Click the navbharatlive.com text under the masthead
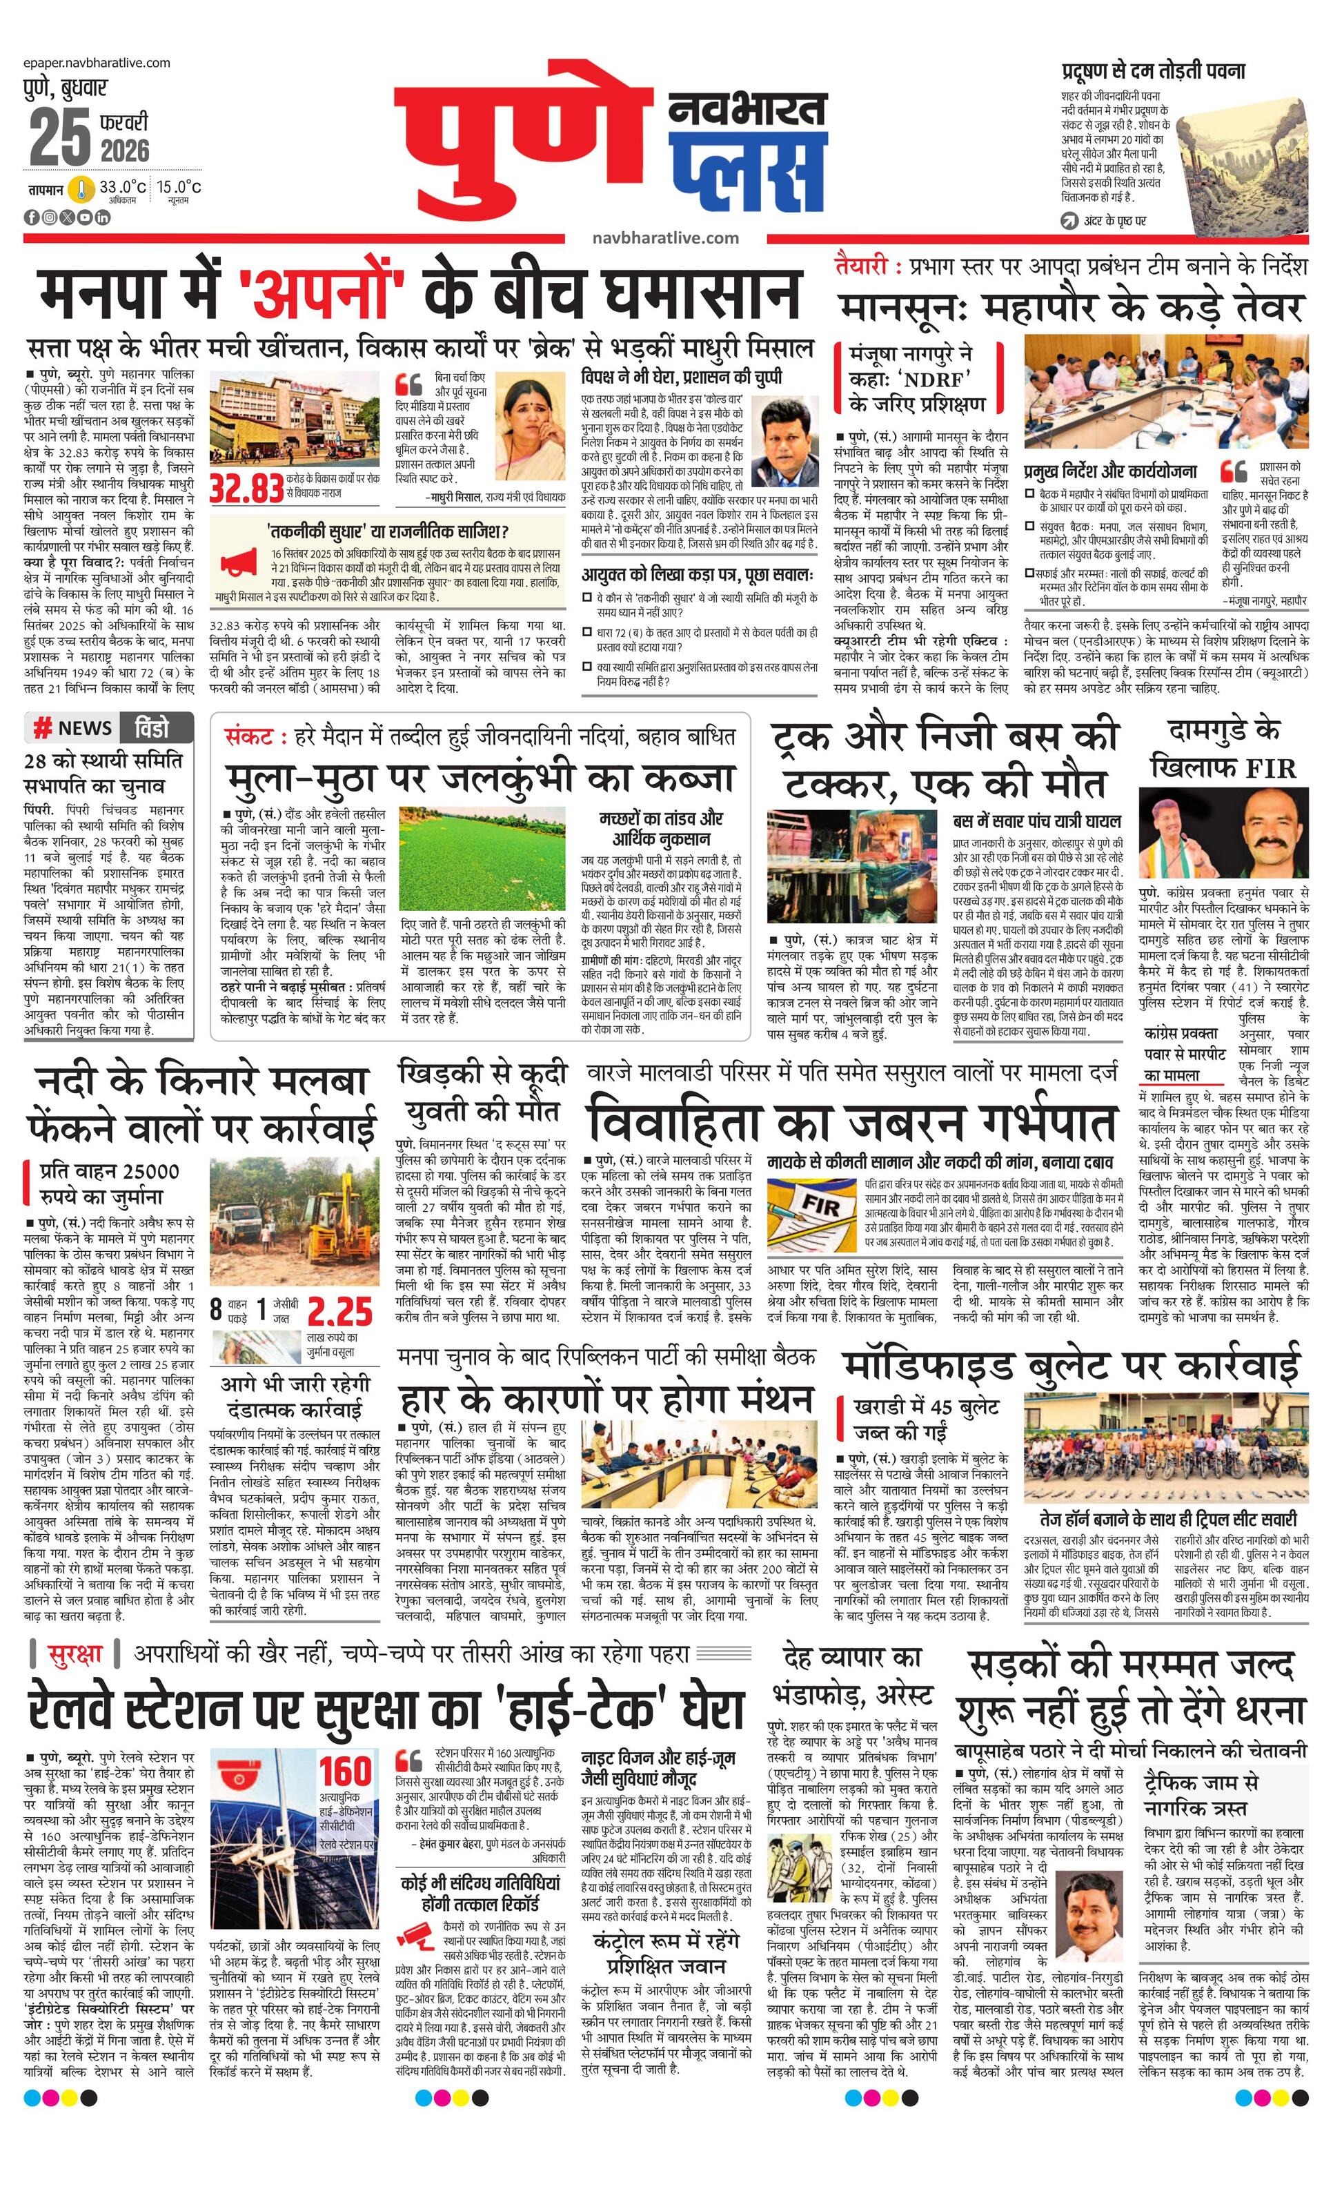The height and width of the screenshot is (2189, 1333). (x=665, y=237)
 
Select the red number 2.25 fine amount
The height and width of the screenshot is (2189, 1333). (x=340, y=1311)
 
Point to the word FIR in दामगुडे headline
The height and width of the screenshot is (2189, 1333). (x=1270, y=769)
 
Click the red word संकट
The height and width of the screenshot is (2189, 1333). (x=248, y=736)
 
